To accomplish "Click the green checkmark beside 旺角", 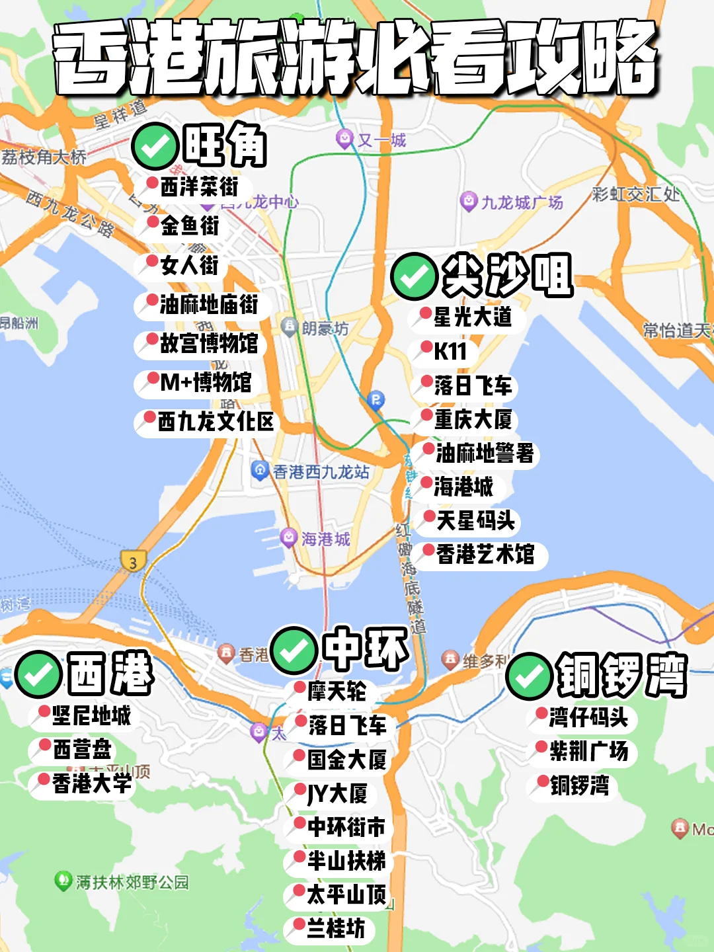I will [155, 146].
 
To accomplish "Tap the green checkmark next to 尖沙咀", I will [415, 276].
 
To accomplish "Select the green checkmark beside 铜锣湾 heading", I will [529, 676].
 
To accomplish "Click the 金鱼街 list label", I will [189, 226].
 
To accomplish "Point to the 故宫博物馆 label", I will [208, 343].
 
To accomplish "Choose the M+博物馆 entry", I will [205, 382].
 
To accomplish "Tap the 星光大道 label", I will [472, 317].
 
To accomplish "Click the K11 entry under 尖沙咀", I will [450, 351].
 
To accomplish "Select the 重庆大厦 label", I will [473, 419].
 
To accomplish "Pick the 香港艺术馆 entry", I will [485, 554].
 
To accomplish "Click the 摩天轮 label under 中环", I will [336, 692].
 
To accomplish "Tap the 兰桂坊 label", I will [335, 928].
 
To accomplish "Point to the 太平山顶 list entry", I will [346, 894].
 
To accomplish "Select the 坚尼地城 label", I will [91, 715].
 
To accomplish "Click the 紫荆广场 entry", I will [588, 751].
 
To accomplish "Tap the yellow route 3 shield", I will [133, 562].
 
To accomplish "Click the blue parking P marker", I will [376, 399].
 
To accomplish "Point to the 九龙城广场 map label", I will [521, 202].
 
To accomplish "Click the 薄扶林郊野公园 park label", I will [132, 882].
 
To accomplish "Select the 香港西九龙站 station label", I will [321, 472].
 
